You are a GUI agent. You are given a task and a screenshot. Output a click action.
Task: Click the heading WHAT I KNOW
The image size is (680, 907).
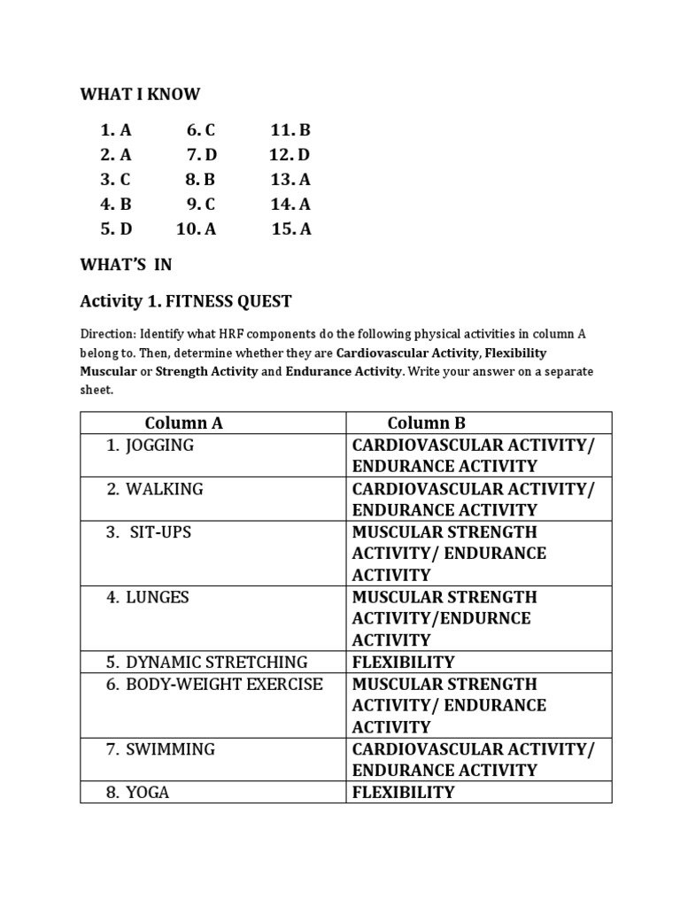tap(140, 94)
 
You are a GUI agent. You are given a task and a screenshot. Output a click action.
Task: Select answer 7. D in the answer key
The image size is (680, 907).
tap(201, 155)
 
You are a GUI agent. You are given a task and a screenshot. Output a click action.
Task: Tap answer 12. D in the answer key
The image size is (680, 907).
tap(290, 155)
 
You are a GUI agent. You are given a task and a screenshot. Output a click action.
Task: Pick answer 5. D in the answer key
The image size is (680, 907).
tap(116, 229)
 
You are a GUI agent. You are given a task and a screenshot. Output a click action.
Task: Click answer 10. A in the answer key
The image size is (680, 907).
tap(196, 229)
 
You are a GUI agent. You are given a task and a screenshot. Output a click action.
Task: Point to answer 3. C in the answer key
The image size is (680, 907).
tap(116, 179)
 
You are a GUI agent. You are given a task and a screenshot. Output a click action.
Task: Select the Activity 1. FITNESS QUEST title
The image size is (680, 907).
tap(185, 302)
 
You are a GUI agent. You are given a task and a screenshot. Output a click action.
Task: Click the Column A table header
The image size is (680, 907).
tap(183, 422)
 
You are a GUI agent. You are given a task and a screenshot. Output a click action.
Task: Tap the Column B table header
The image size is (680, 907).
tap(426, 422)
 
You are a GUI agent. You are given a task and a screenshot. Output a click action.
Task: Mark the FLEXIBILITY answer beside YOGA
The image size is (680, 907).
tap(403, 792)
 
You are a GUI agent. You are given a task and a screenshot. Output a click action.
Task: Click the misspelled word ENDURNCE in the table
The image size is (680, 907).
tap(489, 618)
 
